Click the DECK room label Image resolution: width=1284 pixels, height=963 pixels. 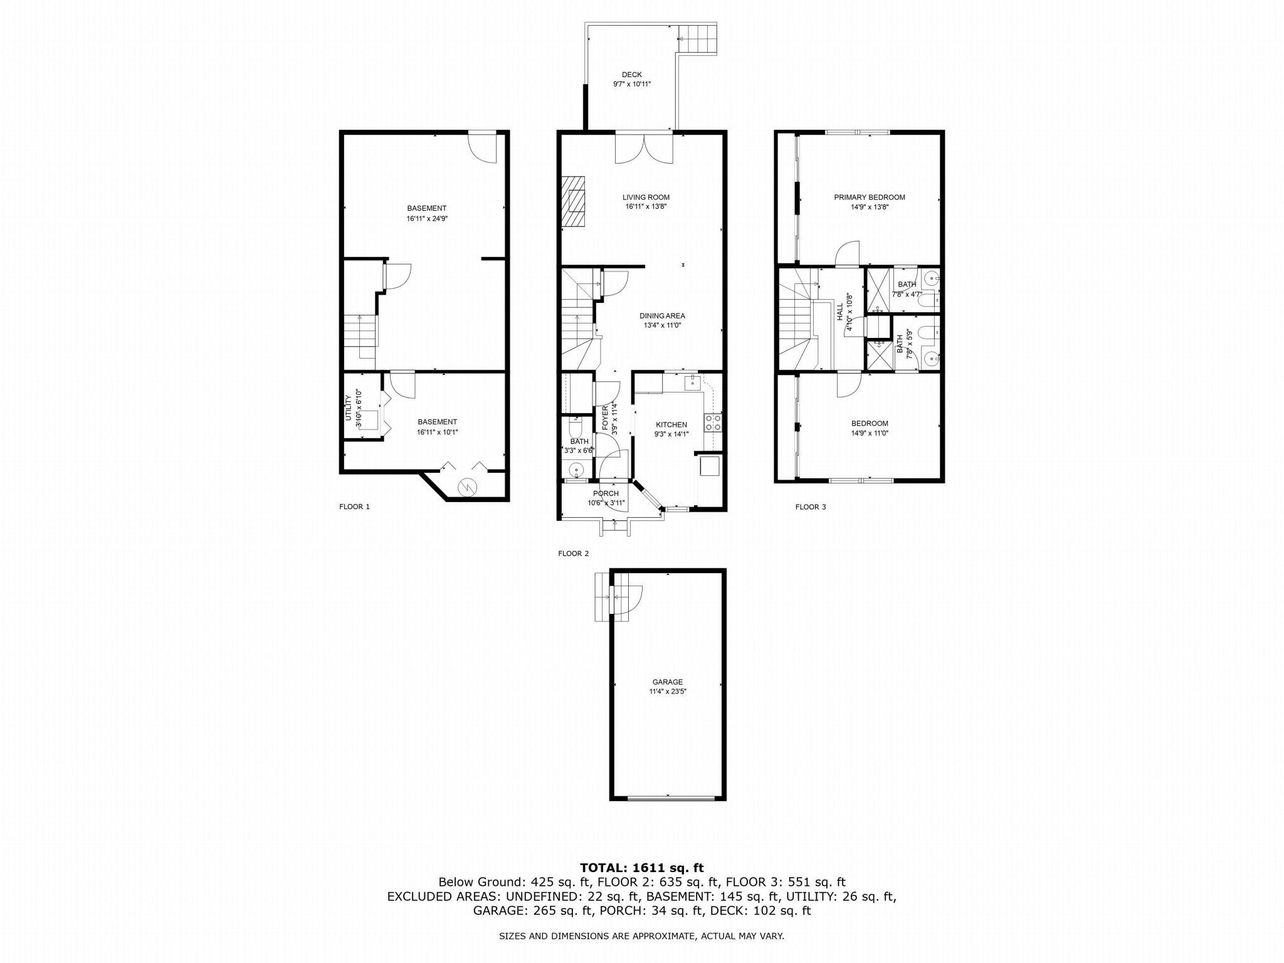[x=632, y=75]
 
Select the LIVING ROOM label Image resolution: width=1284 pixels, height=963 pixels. [x=646, y=197]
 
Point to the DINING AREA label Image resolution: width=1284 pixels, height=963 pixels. [x=662, y=316]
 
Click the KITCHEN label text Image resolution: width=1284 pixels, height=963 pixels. [x=671, y=424]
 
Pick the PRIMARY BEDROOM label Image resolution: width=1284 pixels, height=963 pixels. [x=870, y=197]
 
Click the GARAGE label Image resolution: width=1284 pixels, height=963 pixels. [x=667, y=682]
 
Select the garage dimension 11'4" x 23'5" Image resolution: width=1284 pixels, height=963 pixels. [x=667, y=692]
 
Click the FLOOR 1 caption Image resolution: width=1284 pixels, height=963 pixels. [x=354, y=507]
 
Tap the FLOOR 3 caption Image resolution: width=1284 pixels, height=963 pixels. [x=811, y=507]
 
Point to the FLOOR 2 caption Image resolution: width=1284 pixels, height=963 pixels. [x=573, y=554]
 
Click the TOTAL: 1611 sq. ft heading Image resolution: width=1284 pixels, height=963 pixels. [x=642, y=868]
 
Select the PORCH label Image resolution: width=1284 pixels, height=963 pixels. [x=606, y=493]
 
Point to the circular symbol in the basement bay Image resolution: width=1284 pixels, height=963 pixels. [x=467, y=487]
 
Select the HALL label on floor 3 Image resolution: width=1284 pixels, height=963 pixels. [x=839, y=312]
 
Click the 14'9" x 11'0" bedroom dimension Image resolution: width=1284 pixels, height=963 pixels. [x=870, y=433]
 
